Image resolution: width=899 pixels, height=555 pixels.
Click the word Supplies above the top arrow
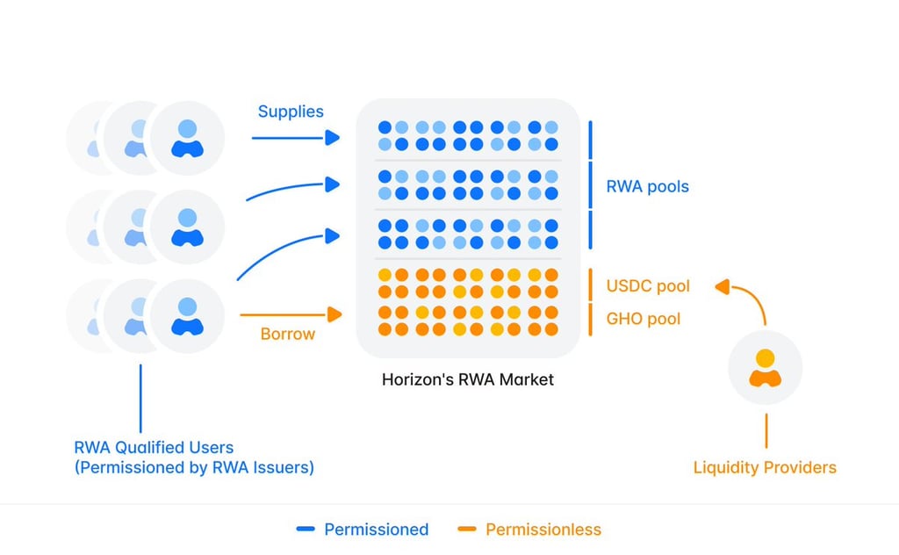(x=291, y=112)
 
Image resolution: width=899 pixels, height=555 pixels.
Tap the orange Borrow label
(x=288, y=334)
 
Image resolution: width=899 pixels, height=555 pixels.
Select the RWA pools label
(x=647, y=186)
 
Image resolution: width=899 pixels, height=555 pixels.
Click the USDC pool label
(x=648, y=285)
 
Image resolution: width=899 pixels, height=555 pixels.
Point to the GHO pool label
(x=644, y=318)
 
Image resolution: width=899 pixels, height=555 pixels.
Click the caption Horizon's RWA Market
(x=468, y=379)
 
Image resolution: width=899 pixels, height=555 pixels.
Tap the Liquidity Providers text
(x=765, y=467)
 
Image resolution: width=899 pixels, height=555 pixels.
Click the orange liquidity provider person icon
(x=766, y=368)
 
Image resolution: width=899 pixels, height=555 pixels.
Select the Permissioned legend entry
(x=363, y=530)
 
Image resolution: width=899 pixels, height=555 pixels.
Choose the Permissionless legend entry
(x=529, y=530)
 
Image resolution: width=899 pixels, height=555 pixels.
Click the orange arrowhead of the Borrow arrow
(x=334, y=314)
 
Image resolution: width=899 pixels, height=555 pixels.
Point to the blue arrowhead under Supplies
(x=333, y=138)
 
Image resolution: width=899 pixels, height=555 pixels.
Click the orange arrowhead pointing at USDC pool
(x=723, y=286)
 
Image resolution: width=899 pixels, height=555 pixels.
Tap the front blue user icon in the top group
(x=188, y=138)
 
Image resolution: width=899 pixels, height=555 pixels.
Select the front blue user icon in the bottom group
(x=188, y=316)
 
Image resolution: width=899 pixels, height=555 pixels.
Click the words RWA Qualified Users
(x=154, y=447)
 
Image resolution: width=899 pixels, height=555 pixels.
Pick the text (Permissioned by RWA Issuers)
(x=194, y=467)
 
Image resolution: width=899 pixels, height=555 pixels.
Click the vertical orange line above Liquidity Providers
(x=766, y=430)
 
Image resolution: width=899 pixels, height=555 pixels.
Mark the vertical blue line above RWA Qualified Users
(x=140, y=399)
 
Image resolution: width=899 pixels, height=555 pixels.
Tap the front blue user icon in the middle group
(x=188, y=227)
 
